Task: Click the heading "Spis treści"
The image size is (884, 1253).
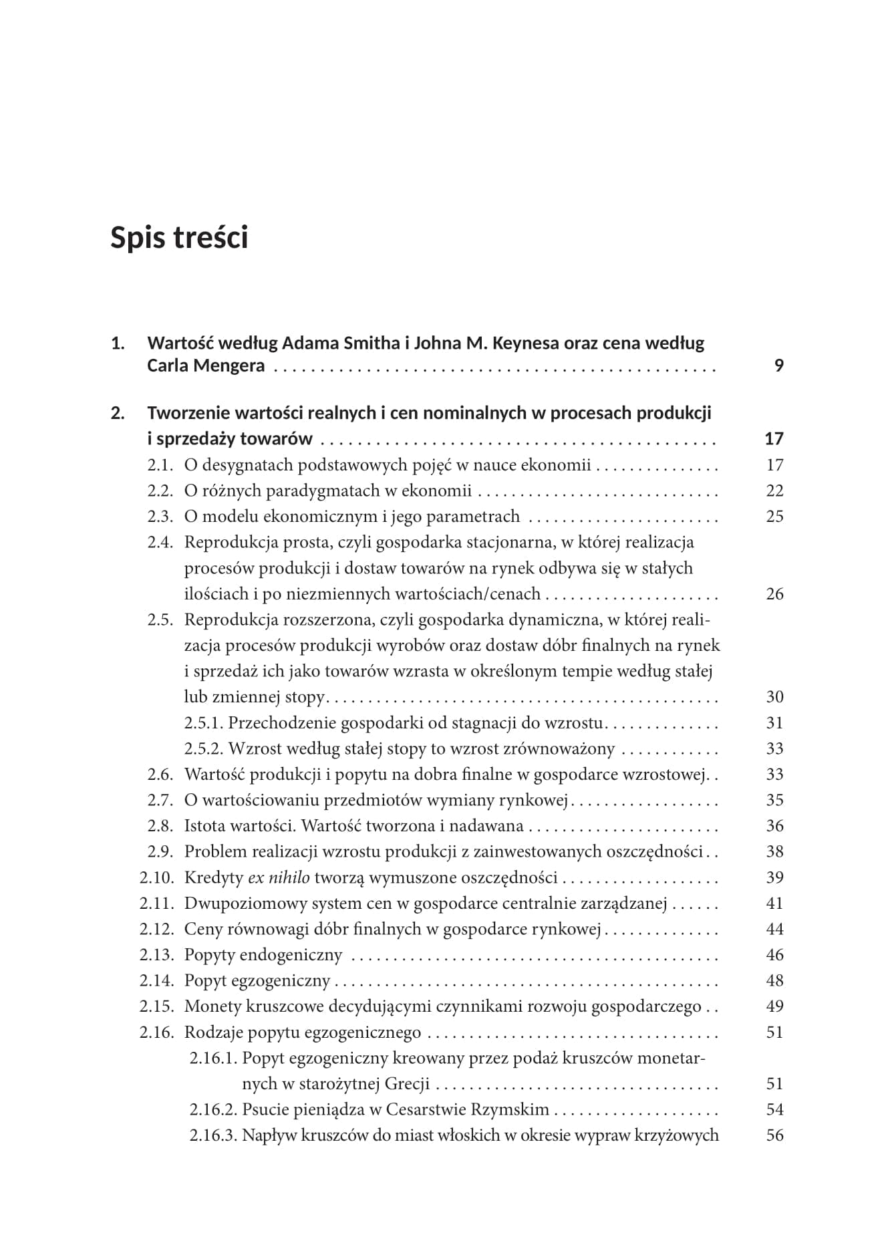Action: click(179, 238)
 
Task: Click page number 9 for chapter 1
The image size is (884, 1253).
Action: click(778, 366)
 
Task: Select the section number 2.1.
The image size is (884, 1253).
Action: click(160, 465)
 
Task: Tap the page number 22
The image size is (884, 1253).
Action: click(774, 491)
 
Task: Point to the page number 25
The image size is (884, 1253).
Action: click(774, 517)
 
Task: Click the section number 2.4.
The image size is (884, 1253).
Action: click(160, 543)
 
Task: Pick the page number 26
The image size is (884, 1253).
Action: click(774, 594)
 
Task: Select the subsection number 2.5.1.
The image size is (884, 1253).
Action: click(204, 723)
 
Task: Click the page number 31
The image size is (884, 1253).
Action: click(774, 723)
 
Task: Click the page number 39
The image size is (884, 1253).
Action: click(774, 877)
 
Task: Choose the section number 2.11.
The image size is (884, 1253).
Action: click(156, 903)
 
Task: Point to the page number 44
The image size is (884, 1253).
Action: click(774, 930)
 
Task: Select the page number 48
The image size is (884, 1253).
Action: click(774, 981)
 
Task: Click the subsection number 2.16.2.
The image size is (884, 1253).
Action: click(213, 1110)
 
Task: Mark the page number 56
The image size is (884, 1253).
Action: click(774, 1135)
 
